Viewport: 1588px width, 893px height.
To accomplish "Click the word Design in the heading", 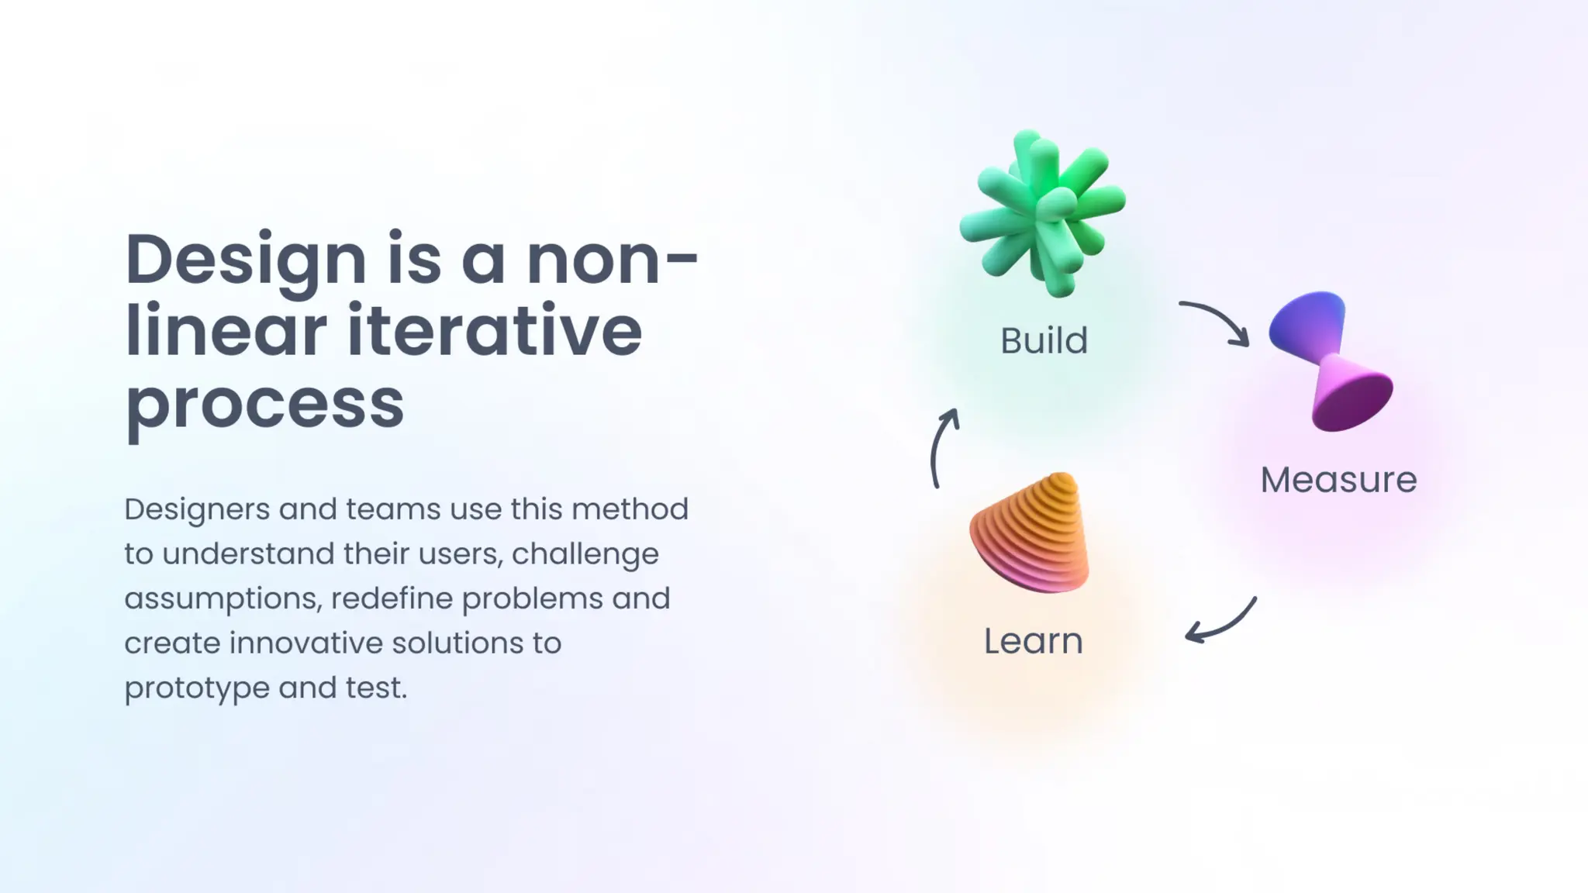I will (245, 260).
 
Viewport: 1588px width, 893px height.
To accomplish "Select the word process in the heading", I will (264, 404).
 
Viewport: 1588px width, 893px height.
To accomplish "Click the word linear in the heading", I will (225, 331).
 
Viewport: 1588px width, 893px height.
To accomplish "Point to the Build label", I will (1044, 341).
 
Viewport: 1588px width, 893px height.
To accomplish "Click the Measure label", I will (1338, 480).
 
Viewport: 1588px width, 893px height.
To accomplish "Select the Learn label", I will (1033, 641).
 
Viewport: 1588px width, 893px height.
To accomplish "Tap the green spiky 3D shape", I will (1041, 212).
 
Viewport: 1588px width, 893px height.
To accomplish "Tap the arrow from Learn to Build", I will (941, 447).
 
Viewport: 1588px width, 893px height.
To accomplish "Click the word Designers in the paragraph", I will (197, 509).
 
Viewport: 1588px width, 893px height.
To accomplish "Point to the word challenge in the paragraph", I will (585, 554).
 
